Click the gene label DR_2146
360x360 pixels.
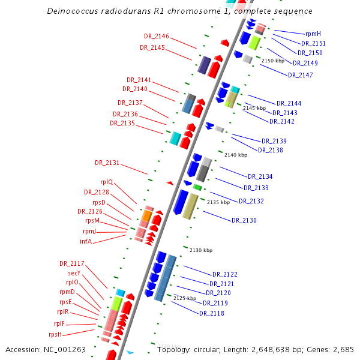click(157, 37)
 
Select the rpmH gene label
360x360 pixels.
click(313, 34)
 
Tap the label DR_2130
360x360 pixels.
click(244, 221)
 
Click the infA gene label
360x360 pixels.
click(86, 241)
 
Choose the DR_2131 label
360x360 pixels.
click(107, 163)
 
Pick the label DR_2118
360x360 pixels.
click(212, 313)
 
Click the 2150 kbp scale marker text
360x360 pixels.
click(272, 61)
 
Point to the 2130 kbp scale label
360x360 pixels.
click(201, 250)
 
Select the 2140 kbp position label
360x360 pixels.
click(236, 155)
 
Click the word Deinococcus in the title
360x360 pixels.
click(72, 11)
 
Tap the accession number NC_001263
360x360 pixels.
click(65, 349)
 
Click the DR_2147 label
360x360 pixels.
click(301, 75)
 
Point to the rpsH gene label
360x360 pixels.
click(55, 334)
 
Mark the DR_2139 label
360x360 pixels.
click(274, 141)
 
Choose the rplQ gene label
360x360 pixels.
click(106, 182)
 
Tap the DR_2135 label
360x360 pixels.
click(122, 123)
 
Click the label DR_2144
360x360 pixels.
click(289, 103)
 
